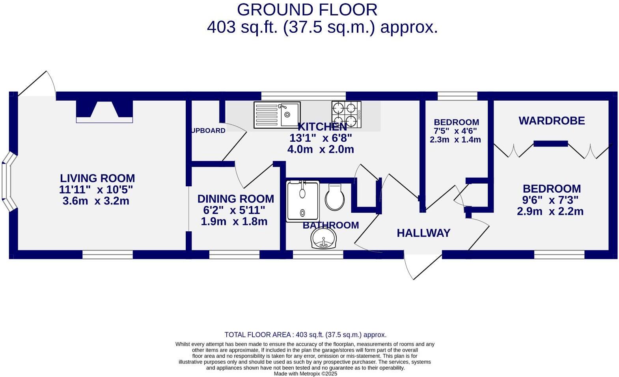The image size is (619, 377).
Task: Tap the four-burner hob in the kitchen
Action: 347,114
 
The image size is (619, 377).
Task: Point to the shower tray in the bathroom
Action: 302,201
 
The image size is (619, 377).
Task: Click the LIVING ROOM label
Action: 97,178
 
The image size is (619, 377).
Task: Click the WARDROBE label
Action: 552,121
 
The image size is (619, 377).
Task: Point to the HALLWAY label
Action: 423,233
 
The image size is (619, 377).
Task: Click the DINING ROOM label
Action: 235,199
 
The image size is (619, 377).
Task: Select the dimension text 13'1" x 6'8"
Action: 321,138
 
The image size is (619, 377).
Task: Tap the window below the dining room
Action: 234,255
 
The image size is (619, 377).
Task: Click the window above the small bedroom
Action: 457,96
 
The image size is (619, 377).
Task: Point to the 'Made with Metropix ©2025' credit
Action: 306,373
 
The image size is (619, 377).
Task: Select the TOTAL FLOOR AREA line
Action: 306,335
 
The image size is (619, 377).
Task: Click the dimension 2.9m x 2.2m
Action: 550,211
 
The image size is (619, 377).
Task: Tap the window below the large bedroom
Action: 559,255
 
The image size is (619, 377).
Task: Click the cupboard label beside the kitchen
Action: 209,131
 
